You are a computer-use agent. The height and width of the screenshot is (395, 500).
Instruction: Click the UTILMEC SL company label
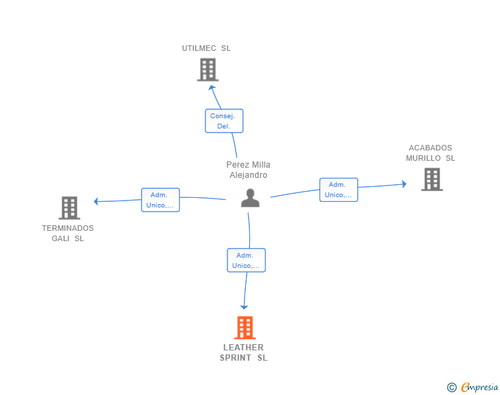coord(206,48)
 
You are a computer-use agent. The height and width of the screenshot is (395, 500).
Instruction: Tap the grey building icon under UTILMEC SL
coord(207,69)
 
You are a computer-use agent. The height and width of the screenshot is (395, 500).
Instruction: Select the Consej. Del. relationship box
coord(224,121)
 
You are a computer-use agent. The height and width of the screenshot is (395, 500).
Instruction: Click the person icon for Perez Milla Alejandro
coord(250,198)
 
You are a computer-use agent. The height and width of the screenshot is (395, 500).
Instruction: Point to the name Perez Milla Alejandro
coord(249,170)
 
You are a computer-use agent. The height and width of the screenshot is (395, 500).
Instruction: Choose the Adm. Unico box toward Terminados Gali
coord(161,200)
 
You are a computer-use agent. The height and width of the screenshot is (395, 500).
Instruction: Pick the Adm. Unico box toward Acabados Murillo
coord(339,190)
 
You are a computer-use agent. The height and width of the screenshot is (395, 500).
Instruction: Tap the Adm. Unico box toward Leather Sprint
coord(246,260)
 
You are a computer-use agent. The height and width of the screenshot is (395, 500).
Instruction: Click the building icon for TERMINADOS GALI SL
coord(69,208)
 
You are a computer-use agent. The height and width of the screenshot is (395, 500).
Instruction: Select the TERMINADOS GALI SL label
coord(68,234)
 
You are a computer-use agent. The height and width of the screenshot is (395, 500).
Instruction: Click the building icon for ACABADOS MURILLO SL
coord(432,179)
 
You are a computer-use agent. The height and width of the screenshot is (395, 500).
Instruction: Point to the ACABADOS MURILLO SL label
coord(431,153)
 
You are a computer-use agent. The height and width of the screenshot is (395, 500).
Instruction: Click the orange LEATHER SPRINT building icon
coord(245,328)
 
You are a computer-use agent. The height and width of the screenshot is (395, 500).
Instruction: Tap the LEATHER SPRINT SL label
coord(244,352)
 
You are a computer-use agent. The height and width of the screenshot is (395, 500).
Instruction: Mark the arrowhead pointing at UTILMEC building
coord(212,87)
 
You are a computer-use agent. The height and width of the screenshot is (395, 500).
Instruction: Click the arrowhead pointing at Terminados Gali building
coord(95,201)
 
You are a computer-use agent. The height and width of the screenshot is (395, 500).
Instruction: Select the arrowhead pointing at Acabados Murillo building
coord(405,184)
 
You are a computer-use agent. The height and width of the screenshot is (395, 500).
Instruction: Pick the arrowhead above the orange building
coord(244,307)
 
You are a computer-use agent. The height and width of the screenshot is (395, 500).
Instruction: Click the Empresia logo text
coord(479,387)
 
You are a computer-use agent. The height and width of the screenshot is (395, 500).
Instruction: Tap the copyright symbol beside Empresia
coord(452,387)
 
